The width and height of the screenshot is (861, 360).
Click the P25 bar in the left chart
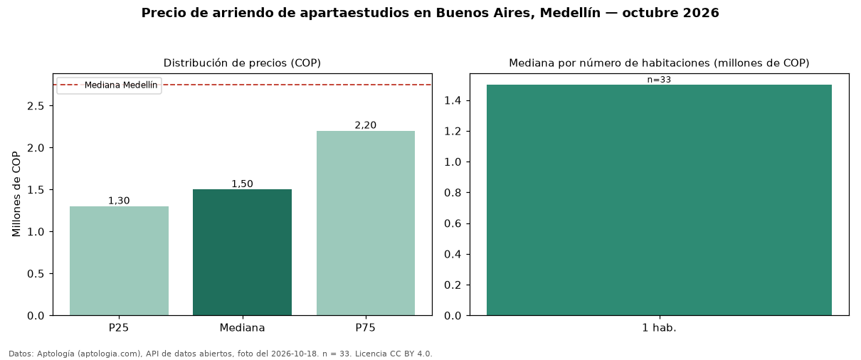click(x=119, y=261)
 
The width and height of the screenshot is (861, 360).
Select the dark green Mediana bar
click(x=242, y=253)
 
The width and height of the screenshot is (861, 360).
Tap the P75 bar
click(x=366, y=223)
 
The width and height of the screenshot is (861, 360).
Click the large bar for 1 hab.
click(x=659, y=200)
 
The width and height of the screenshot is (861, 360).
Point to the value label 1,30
click(x=119, y=201)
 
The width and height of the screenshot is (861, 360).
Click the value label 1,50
click(x=242, y=184)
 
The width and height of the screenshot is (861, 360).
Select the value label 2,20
click(x=366, y=125)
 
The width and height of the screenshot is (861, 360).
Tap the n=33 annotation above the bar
click(x=659, y=80)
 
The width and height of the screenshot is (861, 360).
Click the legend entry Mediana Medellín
click(x=121, y=85)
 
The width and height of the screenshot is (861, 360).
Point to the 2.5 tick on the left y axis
click(x=36, y=106)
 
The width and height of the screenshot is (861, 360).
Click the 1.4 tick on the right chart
click(x=453, y=100)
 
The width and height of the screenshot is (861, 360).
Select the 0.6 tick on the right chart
click(x=453, y=223)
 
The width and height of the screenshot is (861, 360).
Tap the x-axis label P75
click(x=365, y=328)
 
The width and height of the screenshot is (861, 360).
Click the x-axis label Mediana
click(x=242, y=328)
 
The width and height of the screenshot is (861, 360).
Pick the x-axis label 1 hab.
click(x=659, y=328)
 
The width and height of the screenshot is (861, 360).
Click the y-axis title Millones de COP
click(x=16, y=194)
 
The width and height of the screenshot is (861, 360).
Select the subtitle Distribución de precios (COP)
click(x=242, y=63)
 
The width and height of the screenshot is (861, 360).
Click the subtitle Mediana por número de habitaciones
click(x=609, y=63)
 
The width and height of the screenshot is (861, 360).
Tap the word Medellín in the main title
click(x=570, y=13)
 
